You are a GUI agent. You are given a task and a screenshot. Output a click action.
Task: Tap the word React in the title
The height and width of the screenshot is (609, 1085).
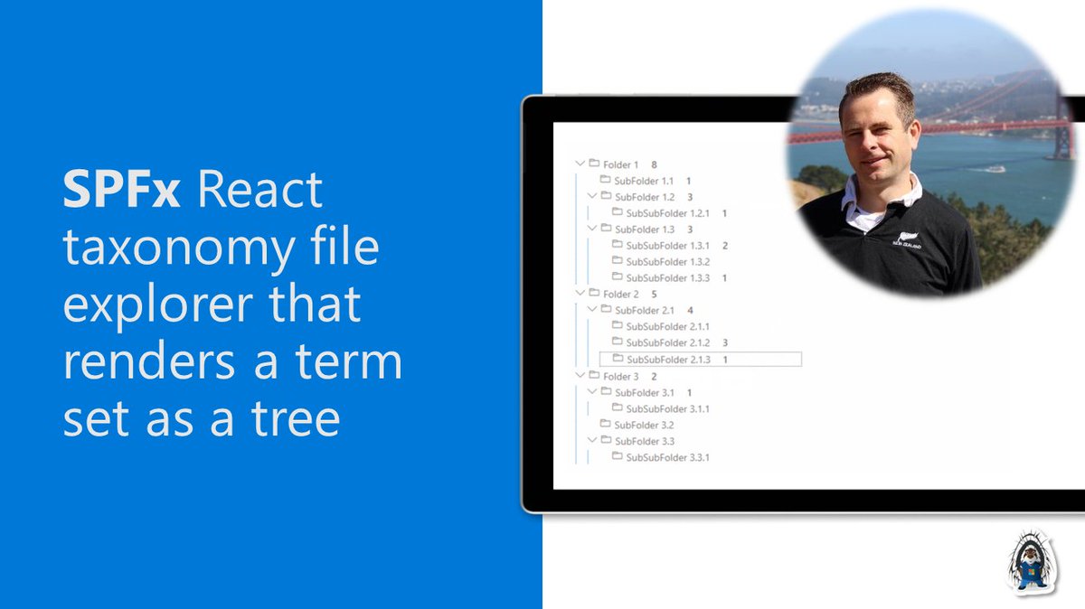pos(259,191)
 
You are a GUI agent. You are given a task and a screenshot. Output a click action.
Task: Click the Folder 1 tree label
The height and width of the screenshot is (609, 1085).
pos(620,164)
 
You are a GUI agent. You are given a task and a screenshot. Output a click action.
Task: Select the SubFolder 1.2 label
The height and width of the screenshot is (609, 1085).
pos(644,197)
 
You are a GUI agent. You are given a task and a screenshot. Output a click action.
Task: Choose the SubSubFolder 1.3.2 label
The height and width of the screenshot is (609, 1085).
pos(667,261)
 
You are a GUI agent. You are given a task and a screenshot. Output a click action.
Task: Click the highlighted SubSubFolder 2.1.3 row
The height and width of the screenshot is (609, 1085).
pos(700,360)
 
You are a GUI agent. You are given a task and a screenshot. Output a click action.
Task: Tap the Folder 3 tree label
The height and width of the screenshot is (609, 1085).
pos(620,376)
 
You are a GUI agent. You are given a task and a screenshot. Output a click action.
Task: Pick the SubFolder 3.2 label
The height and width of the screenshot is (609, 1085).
pos(644,425)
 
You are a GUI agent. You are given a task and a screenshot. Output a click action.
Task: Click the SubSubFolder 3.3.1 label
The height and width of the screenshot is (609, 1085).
pos(667,457)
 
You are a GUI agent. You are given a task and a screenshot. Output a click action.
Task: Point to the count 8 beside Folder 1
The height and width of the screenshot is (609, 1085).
pos(654,164)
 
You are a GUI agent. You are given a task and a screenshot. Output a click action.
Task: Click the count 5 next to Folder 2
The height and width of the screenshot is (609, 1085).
pos(654,294)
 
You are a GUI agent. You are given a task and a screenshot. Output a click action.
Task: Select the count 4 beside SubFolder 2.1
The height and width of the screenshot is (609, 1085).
pos(690,310)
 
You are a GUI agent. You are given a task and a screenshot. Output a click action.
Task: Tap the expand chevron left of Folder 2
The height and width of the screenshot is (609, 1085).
pos(580,294)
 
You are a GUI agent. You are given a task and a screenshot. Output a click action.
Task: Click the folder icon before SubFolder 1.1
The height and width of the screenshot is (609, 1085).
pos(605,181)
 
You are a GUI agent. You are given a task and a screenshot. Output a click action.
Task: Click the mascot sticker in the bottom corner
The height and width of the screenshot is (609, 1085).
pos(1032,562)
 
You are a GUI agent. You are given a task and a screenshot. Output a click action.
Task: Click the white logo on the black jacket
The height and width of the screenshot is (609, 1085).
pos(906,240)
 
